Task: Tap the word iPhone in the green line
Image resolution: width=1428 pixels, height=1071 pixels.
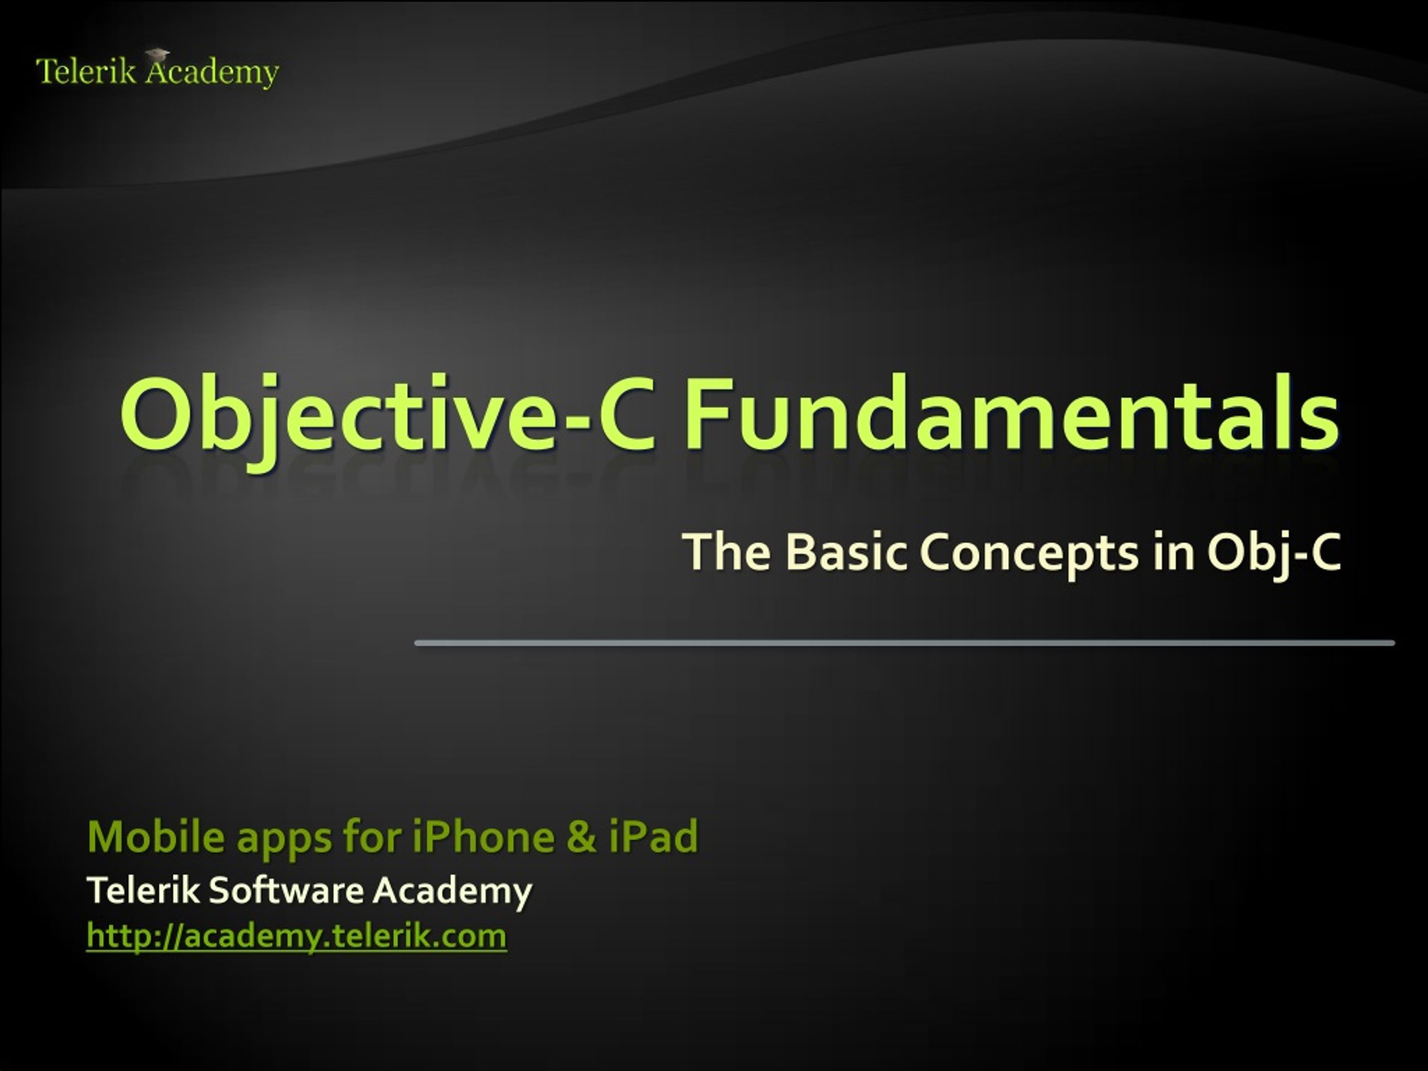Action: (483, 836)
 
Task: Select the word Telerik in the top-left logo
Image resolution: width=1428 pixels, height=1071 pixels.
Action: (86, 71)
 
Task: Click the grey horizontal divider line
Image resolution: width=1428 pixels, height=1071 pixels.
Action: (904, 643)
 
